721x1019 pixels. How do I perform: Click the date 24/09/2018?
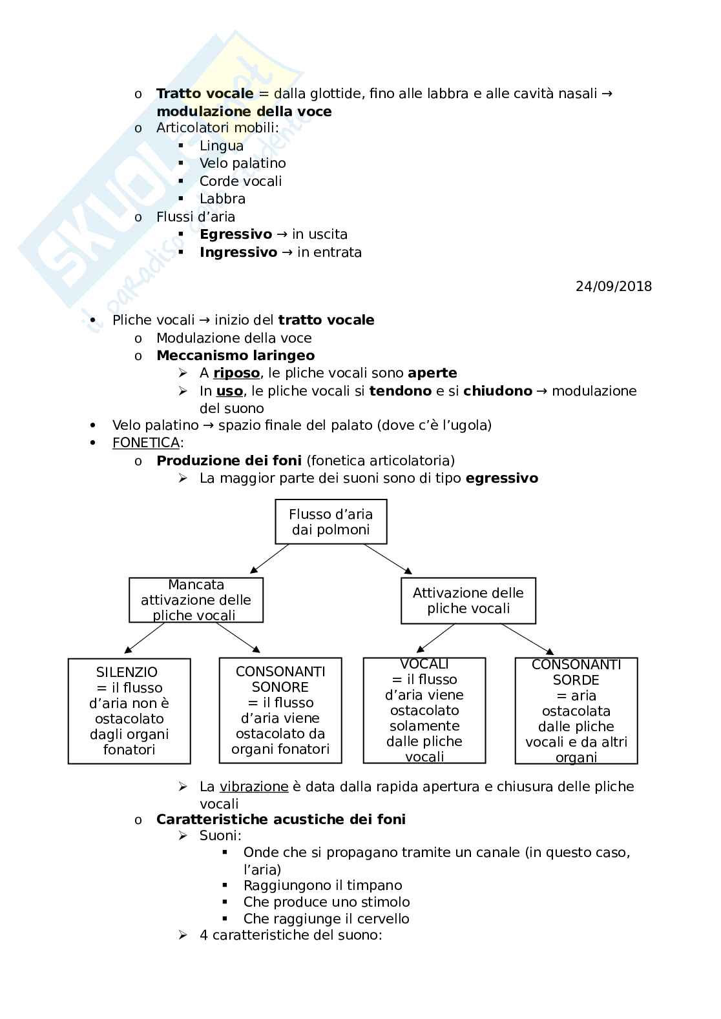click(613, 286)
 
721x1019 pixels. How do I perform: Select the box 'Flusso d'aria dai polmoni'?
click(331, 521)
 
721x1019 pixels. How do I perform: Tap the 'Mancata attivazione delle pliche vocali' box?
click(196, 600)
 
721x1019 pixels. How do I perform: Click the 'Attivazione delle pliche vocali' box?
click(468, 601)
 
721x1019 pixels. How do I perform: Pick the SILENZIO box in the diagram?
click(129, 711)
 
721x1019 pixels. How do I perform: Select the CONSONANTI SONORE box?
click(280, 710)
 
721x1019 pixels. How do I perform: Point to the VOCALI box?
click(424, 710)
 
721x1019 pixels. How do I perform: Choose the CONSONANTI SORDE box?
click(576, 711)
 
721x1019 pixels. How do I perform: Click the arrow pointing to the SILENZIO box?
click(145, 638)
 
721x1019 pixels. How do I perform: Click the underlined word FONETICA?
click(146, 443)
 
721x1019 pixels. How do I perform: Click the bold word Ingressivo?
click(238, 252)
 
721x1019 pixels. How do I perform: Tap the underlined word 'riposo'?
click(236, 373)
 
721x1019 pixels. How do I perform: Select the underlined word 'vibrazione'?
click(254, 787)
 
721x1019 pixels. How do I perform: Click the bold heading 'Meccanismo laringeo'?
click(235, 356)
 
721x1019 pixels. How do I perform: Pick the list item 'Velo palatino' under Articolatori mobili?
click(242, 163)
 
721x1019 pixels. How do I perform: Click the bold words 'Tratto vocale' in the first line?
click(205, 94)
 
